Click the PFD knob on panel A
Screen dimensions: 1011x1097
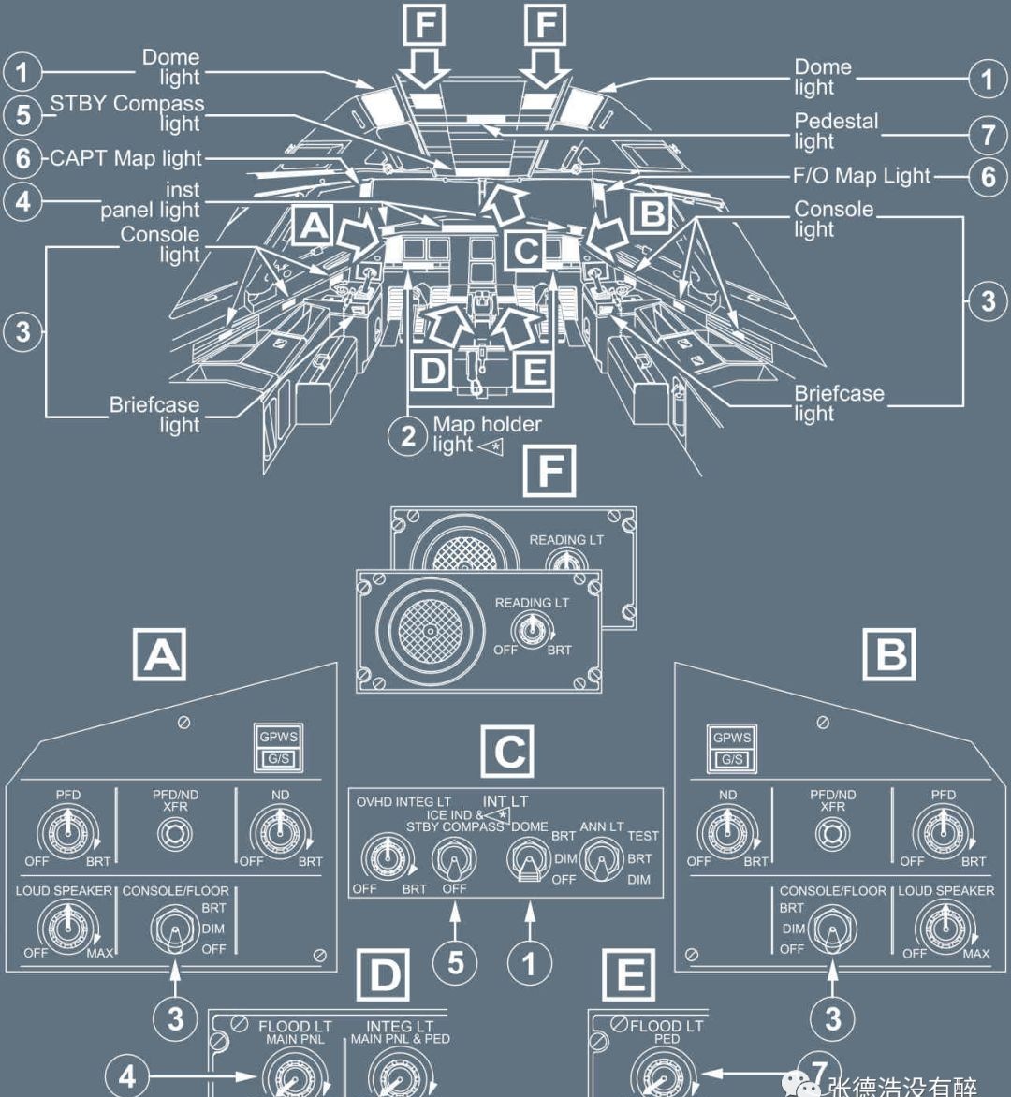pos(67,832)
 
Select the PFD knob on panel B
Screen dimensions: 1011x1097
pos(943,832)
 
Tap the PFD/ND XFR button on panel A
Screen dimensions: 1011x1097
pos(175,834)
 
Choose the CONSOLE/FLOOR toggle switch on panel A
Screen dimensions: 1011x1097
pos(175,929)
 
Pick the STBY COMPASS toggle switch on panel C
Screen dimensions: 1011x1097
pos(454,860)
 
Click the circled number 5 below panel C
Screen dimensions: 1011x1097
pos(456,963)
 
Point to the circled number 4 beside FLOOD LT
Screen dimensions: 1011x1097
pos(127,1076)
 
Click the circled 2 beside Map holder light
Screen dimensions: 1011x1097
pos(408,436)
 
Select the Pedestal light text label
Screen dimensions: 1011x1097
pos(836,131)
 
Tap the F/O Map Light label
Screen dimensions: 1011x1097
pos(861,176)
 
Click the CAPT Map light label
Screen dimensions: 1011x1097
pos(126,158)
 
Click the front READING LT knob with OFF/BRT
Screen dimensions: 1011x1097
pos(532,630)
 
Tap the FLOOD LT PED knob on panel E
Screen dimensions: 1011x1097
pos(665,1074)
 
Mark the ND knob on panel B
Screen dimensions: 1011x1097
pos(727,832)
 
